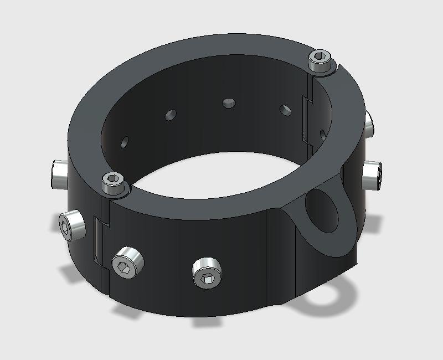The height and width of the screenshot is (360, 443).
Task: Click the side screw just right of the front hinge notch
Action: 127,263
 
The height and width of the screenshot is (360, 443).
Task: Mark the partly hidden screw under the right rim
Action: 369,123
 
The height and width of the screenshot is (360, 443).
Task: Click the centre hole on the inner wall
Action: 228,103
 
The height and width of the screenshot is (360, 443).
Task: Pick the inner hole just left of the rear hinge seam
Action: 285,110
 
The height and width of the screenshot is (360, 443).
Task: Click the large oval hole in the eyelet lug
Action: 321,213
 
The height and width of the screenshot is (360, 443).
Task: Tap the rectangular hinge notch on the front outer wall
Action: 97,238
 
